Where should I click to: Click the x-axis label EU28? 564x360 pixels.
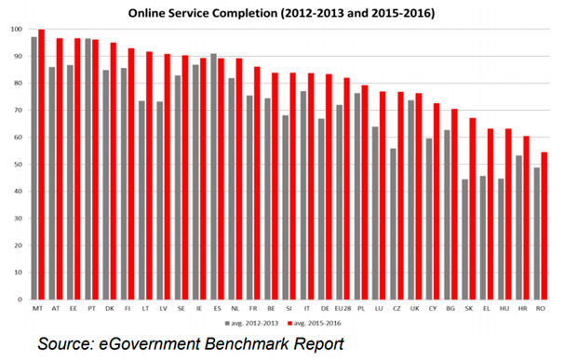pos(343,308)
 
